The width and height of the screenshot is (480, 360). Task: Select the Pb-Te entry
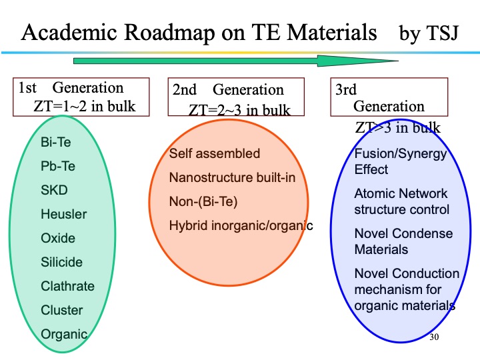point(59,166)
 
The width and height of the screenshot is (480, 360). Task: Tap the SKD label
point(55,190)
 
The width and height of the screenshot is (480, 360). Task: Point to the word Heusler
point(64,214)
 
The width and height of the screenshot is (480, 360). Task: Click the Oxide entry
point(59,238)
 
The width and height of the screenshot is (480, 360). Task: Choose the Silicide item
point(62,262)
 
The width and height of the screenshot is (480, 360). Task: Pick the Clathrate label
point(68,286)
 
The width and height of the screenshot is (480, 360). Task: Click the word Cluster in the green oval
point(62,310)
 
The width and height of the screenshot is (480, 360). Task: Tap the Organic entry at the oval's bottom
point(64,334)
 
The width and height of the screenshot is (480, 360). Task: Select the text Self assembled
point(215,154)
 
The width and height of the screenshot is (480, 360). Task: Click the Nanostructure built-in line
point(232,178)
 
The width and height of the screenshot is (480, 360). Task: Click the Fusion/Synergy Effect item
point(401,161)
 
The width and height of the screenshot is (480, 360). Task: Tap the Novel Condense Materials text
point(403,241)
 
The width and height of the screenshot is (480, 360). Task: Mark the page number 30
point(435,337)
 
